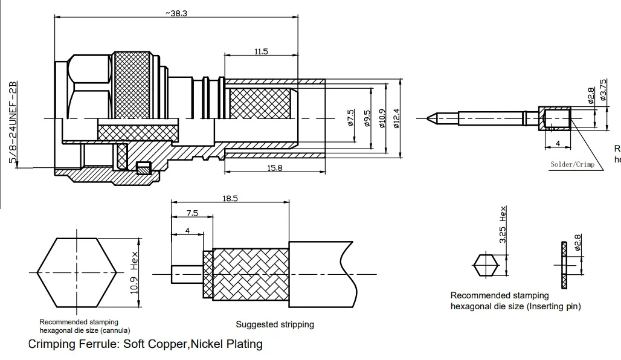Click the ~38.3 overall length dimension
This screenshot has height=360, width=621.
click(176, 13)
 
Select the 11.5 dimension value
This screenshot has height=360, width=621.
click(261, 52)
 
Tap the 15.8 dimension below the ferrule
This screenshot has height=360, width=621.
click(275, 168)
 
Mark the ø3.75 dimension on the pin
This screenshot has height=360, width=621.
click(602, 90)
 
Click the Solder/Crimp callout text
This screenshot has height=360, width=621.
click(572, 164)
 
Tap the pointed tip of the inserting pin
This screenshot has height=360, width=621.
click(430, 117)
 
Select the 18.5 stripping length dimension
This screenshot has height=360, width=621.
click(230, 198)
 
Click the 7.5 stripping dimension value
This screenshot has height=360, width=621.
click(192, 213)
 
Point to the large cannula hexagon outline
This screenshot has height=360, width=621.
click(77, 272)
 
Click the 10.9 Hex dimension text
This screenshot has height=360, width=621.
click(135, 272)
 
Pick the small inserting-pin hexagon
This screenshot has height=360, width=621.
click(486, 265)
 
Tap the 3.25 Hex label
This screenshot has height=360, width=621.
click(503, 225)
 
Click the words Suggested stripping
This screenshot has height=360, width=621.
click(275, 324)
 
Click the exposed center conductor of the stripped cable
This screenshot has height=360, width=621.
click(186, 274)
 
